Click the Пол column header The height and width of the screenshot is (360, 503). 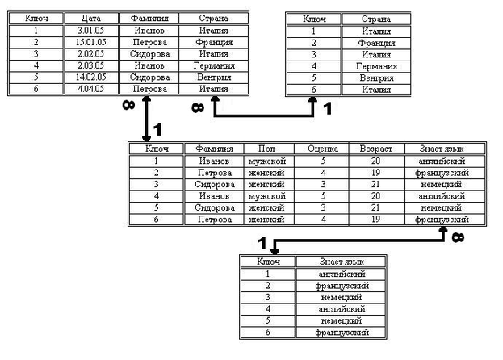[266, 149]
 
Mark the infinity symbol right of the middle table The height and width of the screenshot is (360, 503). [458, 237]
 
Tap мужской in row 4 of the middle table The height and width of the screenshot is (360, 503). [266, 195]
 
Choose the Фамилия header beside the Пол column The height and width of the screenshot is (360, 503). [214, 149]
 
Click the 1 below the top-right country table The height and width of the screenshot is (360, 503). [326, 105]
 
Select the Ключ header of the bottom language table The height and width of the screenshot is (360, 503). [268, 262]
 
